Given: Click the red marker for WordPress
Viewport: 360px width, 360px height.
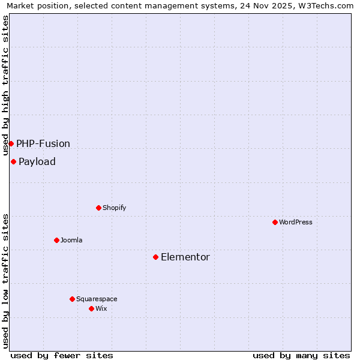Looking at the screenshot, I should click(x=275, y=222).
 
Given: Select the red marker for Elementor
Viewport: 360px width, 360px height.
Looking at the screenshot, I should click(x=155, y=257).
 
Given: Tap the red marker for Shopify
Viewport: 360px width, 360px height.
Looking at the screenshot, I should click(x=98, y=208).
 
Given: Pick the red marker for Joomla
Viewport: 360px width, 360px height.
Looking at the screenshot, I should click(x=56, y=240).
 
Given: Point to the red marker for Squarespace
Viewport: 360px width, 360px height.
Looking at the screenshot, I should click(x=72, y=299).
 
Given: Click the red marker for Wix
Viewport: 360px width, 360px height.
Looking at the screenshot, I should click(x=91, y=308).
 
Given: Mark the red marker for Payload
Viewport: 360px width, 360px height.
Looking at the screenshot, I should click(x=13, y=161).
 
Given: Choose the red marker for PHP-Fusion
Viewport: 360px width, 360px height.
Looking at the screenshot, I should click(x=11, y=143).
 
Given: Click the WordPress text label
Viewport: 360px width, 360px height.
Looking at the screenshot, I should click(x=296, y=222).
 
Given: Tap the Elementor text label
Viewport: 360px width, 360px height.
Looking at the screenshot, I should click(x=185, y=257).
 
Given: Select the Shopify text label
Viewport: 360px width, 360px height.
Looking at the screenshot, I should click(x=115, y=208).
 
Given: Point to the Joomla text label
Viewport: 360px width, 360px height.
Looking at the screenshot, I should click(x=71, y=240).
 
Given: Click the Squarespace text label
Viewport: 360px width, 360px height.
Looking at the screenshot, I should click(x=97, y=299).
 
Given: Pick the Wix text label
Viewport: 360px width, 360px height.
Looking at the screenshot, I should click(x=101, y=308).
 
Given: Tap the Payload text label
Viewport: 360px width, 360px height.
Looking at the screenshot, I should click(x=37, y=161).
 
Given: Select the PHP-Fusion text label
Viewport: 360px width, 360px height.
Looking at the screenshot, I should click(x=43, y=143).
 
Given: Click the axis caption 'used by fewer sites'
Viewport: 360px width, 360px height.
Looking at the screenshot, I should click(x=62, y=355).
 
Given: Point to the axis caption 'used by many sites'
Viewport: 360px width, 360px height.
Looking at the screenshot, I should click(x=301, y=355).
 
